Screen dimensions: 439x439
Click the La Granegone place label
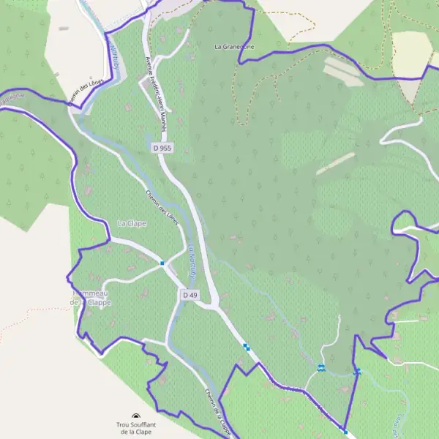[235, 46]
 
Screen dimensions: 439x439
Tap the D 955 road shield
[162, 148]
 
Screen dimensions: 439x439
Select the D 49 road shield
[189, 294]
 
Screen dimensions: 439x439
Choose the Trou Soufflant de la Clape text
[132, 428]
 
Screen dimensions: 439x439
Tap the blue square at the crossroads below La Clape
[162, 263]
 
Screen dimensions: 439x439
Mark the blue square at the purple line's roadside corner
[345, 432]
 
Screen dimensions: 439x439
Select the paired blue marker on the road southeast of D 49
[247, 348]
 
